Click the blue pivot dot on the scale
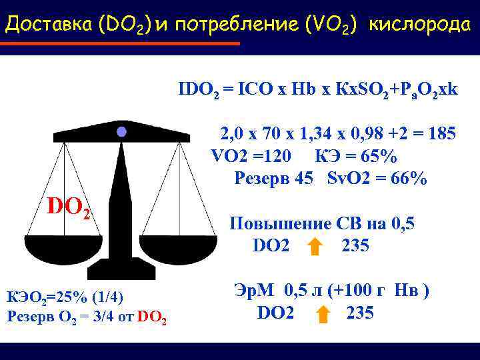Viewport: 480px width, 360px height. click(x=121, y=132)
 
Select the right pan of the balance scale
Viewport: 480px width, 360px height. click(x=179, y=243)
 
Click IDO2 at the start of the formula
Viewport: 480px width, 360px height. click(x=198, y=89)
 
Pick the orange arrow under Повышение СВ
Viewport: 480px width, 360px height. click(x=316, y=247)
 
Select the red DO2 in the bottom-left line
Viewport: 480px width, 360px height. click(x=151, y=317)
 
